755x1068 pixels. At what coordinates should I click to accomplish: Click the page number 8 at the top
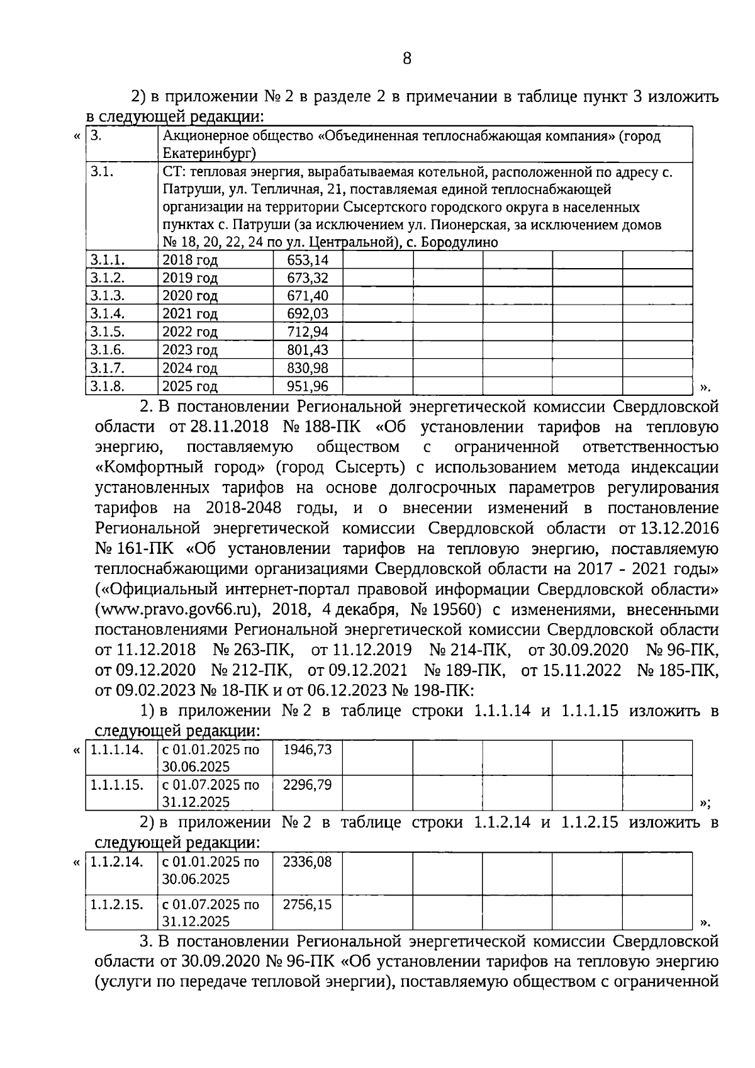406,59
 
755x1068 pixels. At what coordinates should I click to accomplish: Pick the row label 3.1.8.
108,386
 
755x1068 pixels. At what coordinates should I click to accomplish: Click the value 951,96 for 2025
307,386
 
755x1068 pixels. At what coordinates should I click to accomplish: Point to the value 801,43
307,350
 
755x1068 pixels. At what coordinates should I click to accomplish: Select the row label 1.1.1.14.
117,750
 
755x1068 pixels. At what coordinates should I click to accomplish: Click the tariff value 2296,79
307,785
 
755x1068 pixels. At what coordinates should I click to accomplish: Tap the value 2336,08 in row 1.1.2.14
307,862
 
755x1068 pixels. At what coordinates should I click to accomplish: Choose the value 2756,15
307,904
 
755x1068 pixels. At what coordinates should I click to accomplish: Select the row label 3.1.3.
108,296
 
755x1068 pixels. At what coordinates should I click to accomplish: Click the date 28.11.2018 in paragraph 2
228,427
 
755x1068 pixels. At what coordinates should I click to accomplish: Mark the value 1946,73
307,750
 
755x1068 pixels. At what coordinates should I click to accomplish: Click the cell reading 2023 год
190,350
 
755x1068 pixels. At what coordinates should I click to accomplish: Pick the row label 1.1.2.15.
117,904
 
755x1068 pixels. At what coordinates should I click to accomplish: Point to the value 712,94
307,332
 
